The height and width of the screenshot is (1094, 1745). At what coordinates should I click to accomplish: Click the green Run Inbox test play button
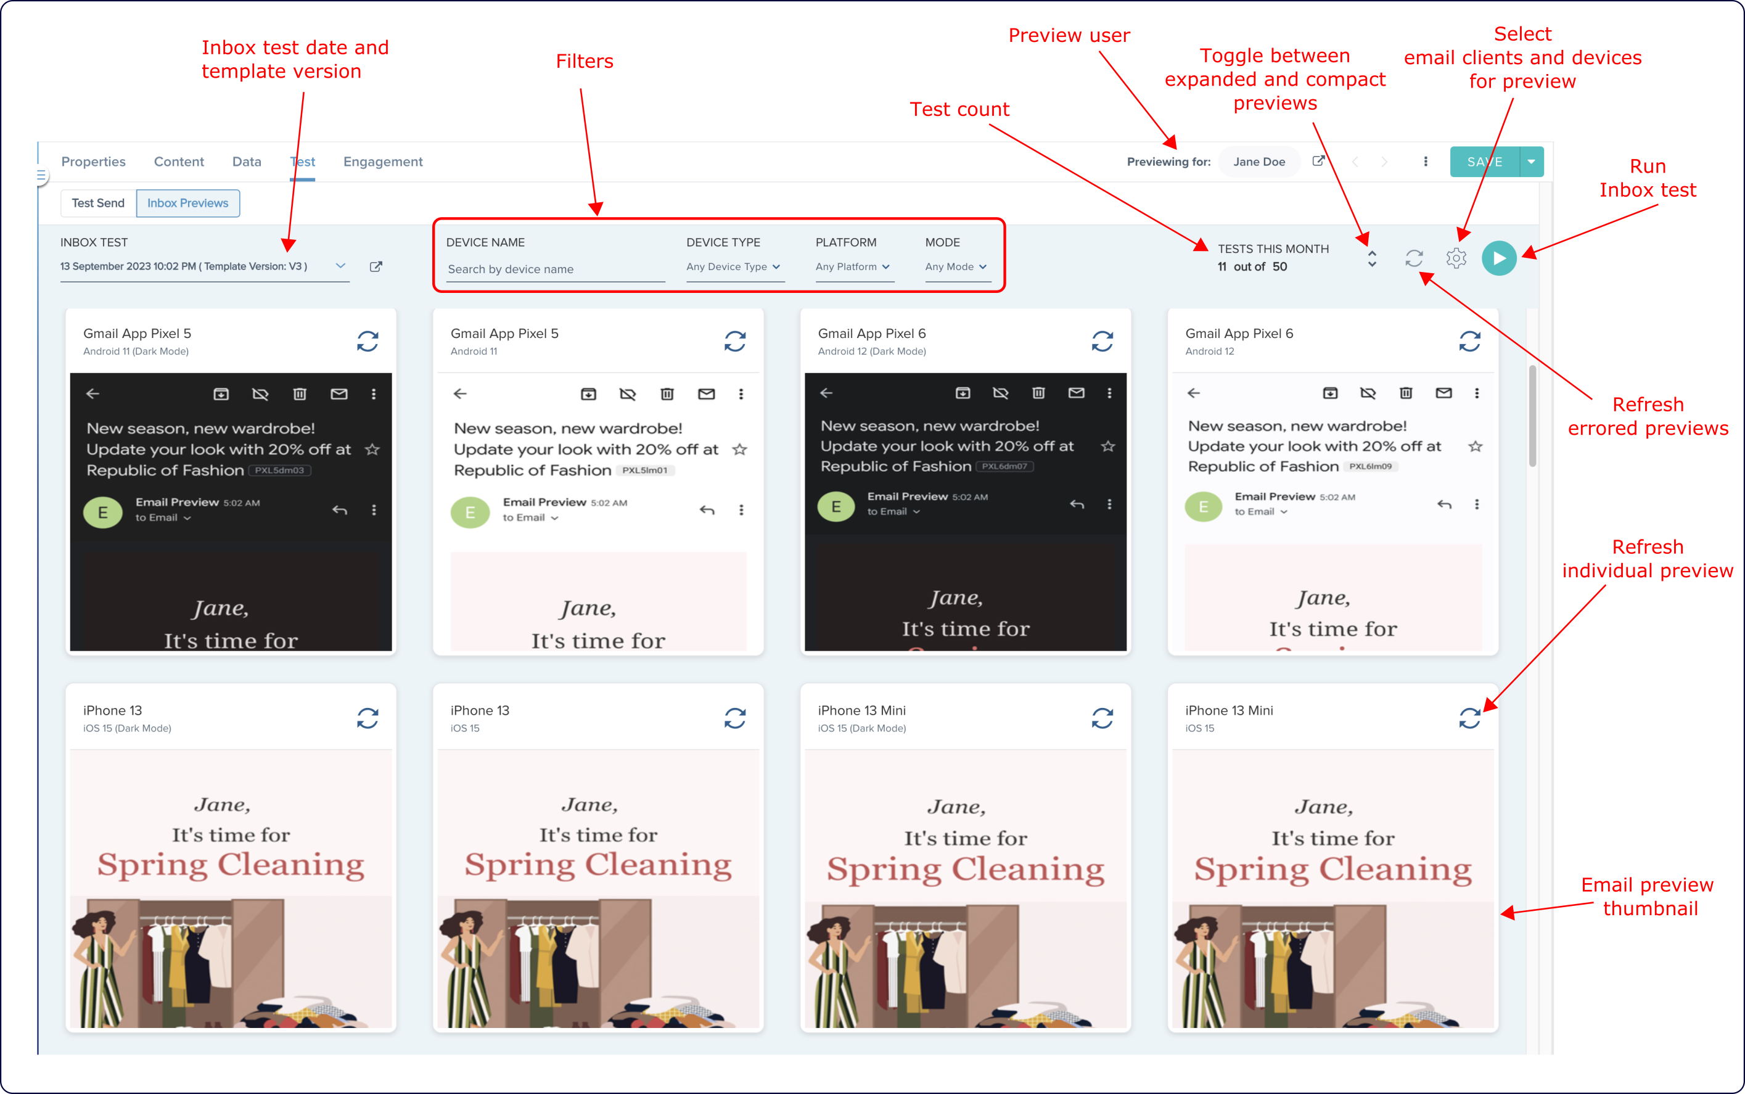(1498, 258)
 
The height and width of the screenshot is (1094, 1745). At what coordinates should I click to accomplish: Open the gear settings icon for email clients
(1456, 258)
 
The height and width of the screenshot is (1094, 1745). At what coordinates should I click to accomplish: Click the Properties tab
(93, 162)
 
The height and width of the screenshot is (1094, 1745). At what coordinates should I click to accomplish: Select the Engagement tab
(383, 162)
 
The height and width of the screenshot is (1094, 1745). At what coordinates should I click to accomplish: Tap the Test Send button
(97, 204)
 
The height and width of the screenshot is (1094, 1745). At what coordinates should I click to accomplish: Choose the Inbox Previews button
(187, 204)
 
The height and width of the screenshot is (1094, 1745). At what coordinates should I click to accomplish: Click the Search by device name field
(554, 269)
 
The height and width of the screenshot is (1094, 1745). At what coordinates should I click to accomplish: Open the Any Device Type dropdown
(733, 267)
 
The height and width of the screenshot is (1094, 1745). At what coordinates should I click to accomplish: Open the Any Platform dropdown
(852, 267)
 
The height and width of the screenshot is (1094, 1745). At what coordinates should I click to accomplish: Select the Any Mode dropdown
(955, 267)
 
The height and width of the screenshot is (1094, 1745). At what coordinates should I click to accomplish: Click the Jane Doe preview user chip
(1259, 162)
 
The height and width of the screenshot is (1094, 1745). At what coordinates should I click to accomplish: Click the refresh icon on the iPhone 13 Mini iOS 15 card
(1469, 718)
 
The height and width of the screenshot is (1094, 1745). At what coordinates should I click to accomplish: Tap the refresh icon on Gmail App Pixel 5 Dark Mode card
(367, 341)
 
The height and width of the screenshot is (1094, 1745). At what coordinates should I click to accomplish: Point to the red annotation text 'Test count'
(959, 109)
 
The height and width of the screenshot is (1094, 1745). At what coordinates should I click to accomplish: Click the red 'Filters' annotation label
(584, 62)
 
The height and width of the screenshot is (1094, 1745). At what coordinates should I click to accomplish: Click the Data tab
(247, 162)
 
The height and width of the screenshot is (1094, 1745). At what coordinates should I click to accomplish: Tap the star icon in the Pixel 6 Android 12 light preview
(1475, 446)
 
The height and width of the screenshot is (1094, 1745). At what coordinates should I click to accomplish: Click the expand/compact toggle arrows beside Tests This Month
(1372, 258)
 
